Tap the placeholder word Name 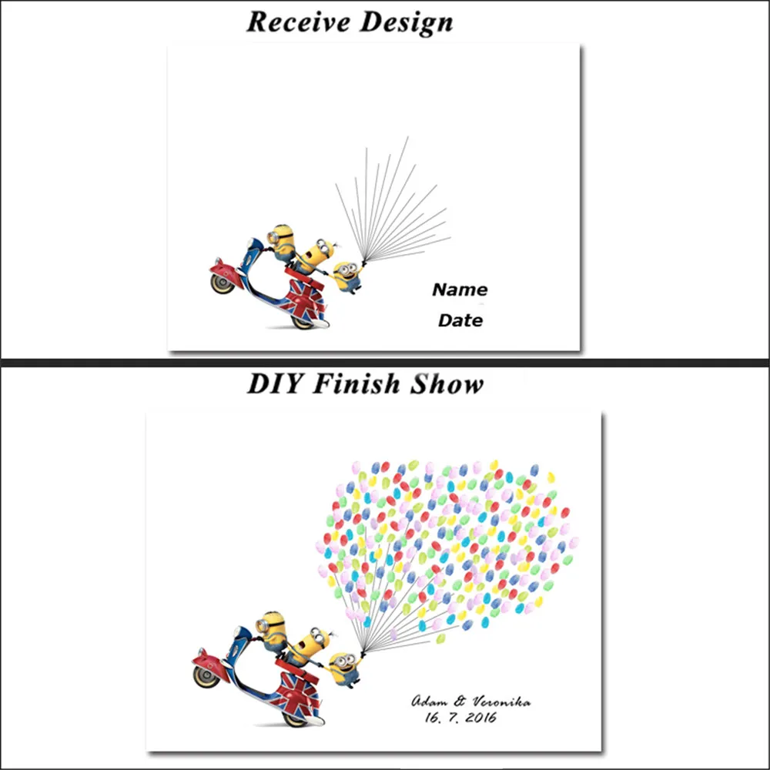coord(460,290)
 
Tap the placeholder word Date coord(460,321)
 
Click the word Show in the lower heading coord(446,384)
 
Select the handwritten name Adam coord(429,701)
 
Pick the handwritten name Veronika coord(500,701)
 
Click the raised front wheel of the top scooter coord(222,282)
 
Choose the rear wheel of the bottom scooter coord(296,718)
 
